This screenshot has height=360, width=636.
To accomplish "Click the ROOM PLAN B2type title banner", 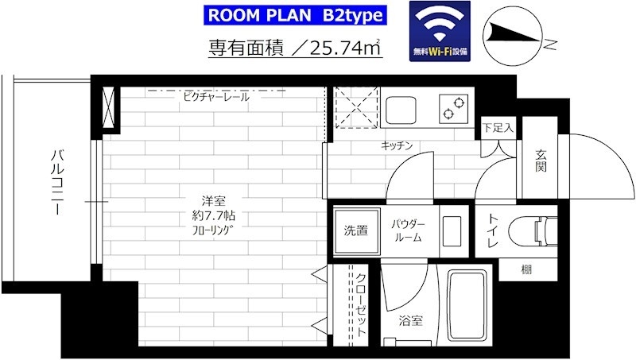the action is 295,15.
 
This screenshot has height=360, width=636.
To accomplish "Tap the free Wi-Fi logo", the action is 440,31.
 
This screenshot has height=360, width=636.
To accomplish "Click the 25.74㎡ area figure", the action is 345,48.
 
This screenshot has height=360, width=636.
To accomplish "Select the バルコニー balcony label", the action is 56,182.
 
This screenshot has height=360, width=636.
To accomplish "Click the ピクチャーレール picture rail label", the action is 215,97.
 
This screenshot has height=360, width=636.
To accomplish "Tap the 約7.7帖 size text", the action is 214,215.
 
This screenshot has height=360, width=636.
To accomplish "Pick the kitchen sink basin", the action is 401,110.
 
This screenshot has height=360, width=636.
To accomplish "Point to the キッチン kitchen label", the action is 397,145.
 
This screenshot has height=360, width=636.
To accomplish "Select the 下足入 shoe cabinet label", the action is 498,129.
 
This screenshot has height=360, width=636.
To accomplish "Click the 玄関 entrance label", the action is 541,161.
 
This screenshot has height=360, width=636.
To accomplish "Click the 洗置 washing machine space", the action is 356,231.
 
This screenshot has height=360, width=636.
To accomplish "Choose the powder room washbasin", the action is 452,231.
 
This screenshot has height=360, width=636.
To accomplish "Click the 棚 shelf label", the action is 526,269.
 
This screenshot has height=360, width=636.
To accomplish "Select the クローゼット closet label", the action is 361,305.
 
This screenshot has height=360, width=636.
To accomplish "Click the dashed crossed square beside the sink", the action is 356,107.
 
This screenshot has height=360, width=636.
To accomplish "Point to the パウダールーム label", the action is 409,231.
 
